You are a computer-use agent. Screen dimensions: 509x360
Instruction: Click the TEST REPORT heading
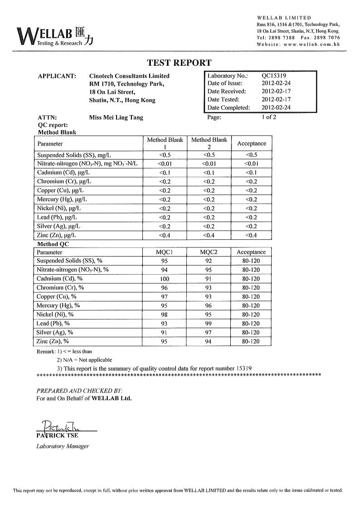[180, 63]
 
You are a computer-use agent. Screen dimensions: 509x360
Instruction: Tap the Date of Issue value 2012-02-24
[277, 83]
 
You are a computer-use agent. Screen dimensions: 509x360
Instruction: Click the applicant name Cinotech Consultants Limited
[129, 76]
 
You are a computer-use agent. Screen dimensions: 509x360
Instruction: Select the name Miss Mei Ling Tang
[116, 117]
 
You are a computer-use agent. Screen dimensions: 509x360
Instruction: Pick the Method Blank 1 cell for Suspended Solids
[165, 155]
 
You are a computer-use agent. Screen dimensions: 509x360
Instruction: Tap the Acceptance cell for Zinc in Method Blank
[251, 235]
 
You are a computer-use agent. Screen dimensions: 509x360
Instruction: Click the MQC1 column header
[165, 252]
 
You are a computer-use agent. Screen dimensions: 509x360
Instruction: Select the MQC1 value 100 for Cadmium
[165, 279]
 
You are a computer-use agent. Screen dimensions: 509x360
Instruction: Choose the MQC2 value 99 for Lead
[209, 324]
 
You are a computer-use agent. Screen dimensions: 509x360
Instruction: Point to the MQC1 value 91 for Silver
[165, 333]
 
